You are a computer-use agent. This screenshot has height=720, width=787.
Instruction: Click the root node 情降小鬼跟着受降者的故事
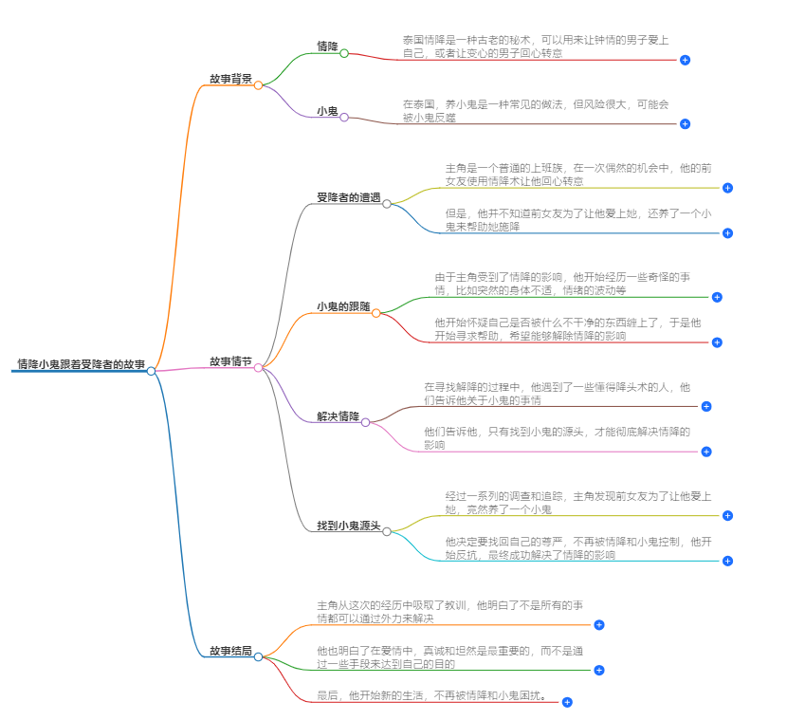tap(81, 363)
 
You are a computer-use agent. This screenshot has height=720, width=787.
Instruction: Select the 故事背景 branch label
tap(230, 79)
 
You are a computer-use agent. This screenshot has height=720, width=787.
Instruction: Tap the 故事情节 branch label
tap(230, 361)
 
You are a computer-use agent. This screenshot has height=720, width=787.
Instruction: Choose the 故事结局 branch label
tap(230, 651)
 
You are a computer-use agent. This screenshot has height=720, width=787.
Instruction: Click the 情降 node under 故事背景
tap(327, 46)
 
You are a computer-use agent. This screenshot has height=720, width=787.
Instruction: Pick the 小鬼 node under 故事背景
tap(327, 111)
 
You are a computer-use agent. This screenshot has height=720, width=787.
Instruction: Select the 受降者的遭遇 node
tap(348, 197)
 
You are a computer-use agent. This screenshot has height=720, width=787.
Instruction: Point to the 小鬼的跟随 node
tap(343, 306)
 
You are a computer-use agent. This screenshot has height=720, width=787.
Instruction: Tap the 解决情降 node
tap(338, 416)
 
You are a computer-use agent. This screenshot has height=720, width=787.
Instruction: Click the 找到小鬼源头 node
tap(348, 525)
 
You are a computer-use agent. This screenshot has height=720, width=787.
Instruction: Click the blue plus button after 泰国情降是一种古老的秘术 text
tap(685, 60)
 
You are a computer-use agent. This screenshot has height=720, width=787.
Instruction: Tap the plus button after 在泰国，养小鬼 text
tap(685, 123)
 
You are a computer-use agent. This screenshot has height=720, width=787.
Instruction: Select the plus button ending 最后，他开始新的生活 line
tap(567, 702)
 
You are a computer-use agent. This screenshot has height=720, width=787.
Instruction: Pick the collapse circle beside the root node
tap(151, 371)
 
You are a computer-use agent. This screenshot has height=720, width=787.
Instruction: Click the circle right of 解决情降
tap(366, 421)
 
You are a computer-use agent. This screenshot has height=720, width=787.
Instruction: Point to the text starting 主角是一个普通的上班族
tap(577, 174)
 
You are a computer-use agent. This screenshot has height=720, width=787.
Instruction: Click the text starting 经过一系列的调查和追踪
tap(577, 503)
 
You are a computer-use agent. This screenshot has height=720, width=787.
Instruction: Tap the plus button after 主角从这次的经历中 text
tap(598, 624)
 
